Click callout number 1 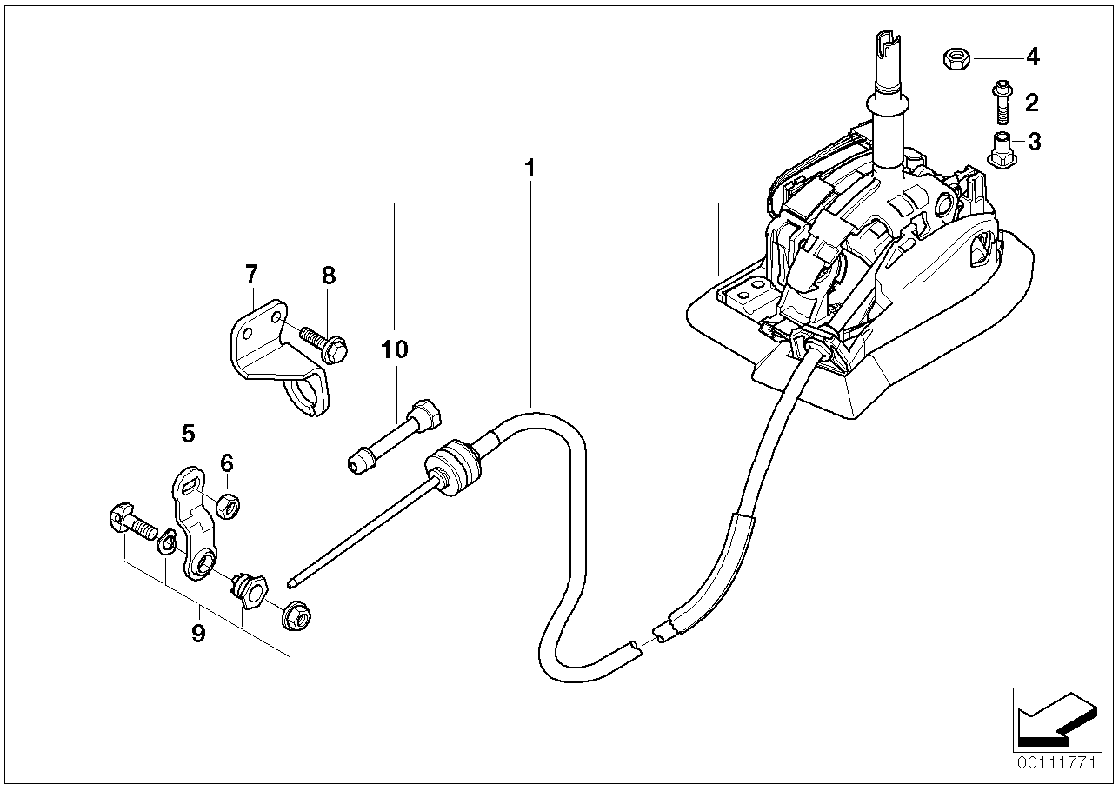530,168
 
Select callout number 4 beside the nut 1032,57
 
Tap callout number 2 1031,103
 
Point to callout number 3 1033,142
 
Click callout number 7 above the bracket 251,276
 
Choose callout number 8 328,276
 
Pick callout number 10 394,349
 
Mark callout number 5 189,433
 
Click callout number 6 226,462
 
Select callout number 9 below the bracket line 198,633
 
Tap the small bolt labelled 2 999,102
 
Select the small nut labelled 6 228,504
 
